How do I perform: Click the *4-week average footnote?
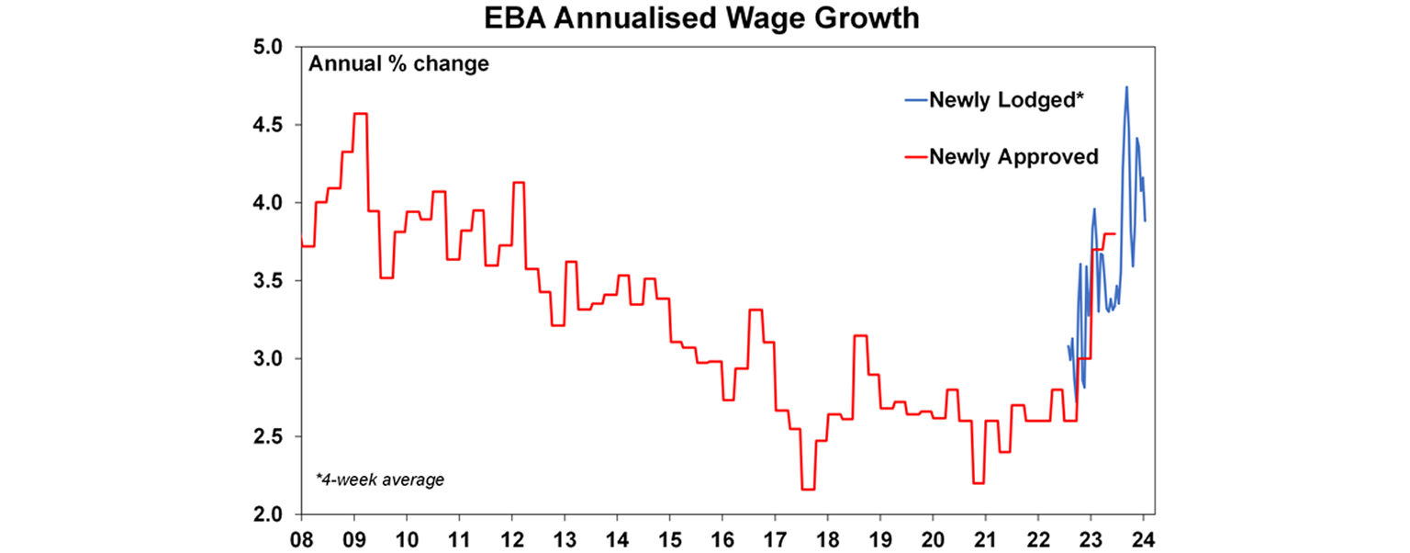[379, 480]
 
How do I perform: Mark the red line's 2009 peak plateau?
[361, 114]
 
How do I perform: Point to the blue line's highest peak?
[1126, 87]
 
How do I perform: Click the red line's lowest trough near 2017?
[808, 489]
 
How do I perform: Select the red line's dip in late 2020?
[978, 482]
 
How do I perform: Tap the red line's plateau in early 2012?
[519, 183]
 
